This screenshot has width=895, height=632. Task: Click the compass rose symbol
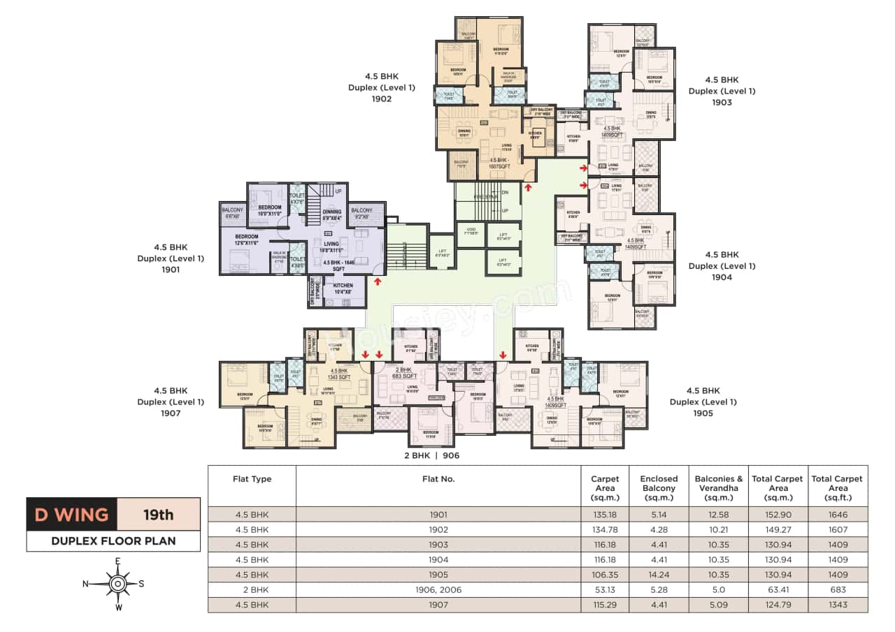(x=118, y=583)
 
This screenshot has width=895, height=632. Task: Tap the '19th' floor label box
(x=158, y=515)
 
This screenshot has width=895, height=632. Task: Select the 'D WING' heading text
(x=72, y=515)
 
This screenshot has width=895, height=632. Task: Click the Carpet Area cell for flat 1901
(x=605, y=515)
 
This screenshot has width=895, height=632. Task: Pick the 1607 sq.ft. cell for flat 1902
(x=837, y=529)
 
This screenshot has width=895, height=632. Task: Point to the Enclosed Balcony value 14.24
(x=659, y=575)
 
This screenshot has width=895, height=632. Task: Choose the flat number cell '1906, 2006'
(x=438, y=590)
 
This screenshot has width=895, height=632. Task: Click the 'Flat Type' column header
(x=252, y=479)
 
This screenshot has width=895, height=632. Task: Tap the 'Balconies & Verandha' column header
(x=718, y=483)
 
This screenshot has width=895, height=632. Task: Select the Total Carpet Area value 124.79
(x=777, y=605)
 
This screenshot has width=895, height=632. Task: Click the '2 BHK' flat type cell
(x=252, y=590)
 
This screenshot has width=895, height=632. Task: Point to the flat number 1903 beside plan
(x=722, y=102)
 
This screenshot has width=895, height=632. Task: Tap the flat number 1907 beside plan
(x=171, y=413)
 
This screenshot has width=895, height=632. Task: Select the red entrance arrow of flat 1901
(x=378, y=281)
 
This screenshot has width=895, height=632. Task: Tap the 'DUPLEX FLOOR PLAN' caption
(x=113, y=541)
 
